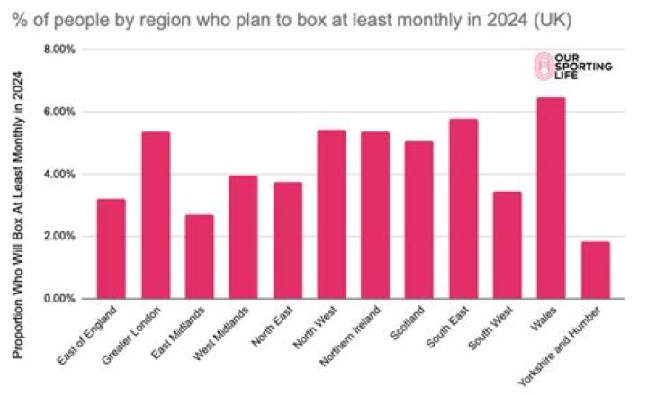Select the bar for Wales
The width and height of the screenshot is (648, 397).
pyautogui.click(x=551, y=198)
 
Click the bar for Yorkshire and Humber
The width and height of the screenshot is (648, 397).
pyautogui.click(x=595, y=270)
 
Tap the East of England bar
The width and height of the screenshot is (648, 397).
pyautogui.click(x=111, y=248)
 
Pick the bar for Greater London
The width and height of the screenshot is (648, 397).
pyautogui.click(x=155, y=215)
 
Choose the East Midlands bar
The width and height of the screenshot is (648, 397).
pyautogui.click(x=199, y=257)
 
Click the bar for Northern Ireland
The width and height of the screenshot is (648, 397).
pyautogui.click(x=375, y=215)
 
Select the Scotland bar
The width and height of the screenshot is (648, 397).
pyautogui.click(x=418, y=220)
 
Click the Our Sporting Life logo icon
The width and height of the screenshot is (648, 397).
pyautogui.click(x=542, y=65)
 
